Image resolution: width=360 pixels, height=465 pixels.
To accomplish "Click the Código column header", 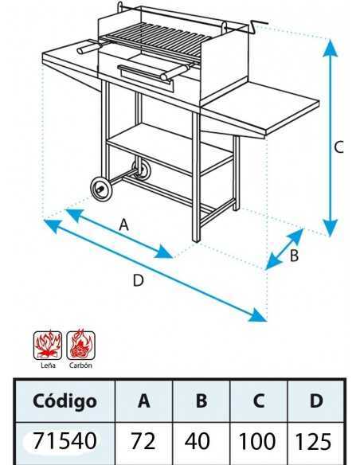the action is pyautogui.click(x=65, y=401).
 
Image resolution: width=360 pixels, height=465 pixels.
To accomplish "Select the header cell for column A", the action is pyautogui.click(x=144, y=401).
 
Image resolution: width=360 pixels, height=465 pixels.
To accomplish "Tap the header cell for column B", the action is pyautogui.click(x=202, y=401).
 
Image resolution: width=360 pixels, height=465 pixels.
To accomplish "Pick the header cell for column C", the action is pyautogui.click(x=259, y=401).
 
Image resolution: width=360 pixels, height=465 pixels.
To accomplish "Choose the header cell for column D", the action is pyautogui.click(x=316, y=401).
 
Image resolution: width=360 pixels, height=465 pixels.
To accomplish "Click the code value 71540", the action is pyautogui.click(x=65, y=440).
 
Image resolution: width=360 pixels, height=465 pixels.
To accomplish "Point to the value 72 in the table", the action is pyautogui.click(x=143, y=440).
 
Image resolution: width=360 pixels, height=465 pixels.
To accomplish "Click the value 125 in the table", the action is pyautogui.click(x=313, y=440).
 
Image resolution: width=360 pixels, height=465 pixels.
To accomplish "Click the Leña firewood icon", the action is pyautogui.click(x=48, y=346).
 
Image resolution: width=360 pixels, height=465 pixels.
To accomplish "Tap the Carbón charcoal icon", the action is pyautogui.click(x=80, y=346).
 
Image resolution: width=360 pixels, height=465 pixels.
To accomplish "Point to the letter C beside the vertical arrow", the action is pyautogui.click(x=338, y=147).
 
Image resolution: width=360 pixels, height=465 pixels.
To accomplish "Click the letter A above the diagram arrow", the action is pyautogui.click(x=124, y=225).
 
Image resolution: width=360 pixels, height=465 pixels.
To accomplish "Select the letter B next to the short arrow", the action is pyautogui.click(x=294, y=256).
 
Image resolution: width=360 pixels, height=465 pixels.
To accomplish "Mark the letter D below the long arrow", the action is pyautogui.click(x=139, y=280).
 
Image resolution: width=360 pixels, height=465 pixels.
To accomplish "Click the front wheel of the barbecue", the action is pyautogui.click(x=102, y=189).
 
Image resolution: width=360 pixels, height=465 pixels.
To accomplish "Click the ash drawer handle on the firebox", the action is pyautogui.click(x=145, y=76).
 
